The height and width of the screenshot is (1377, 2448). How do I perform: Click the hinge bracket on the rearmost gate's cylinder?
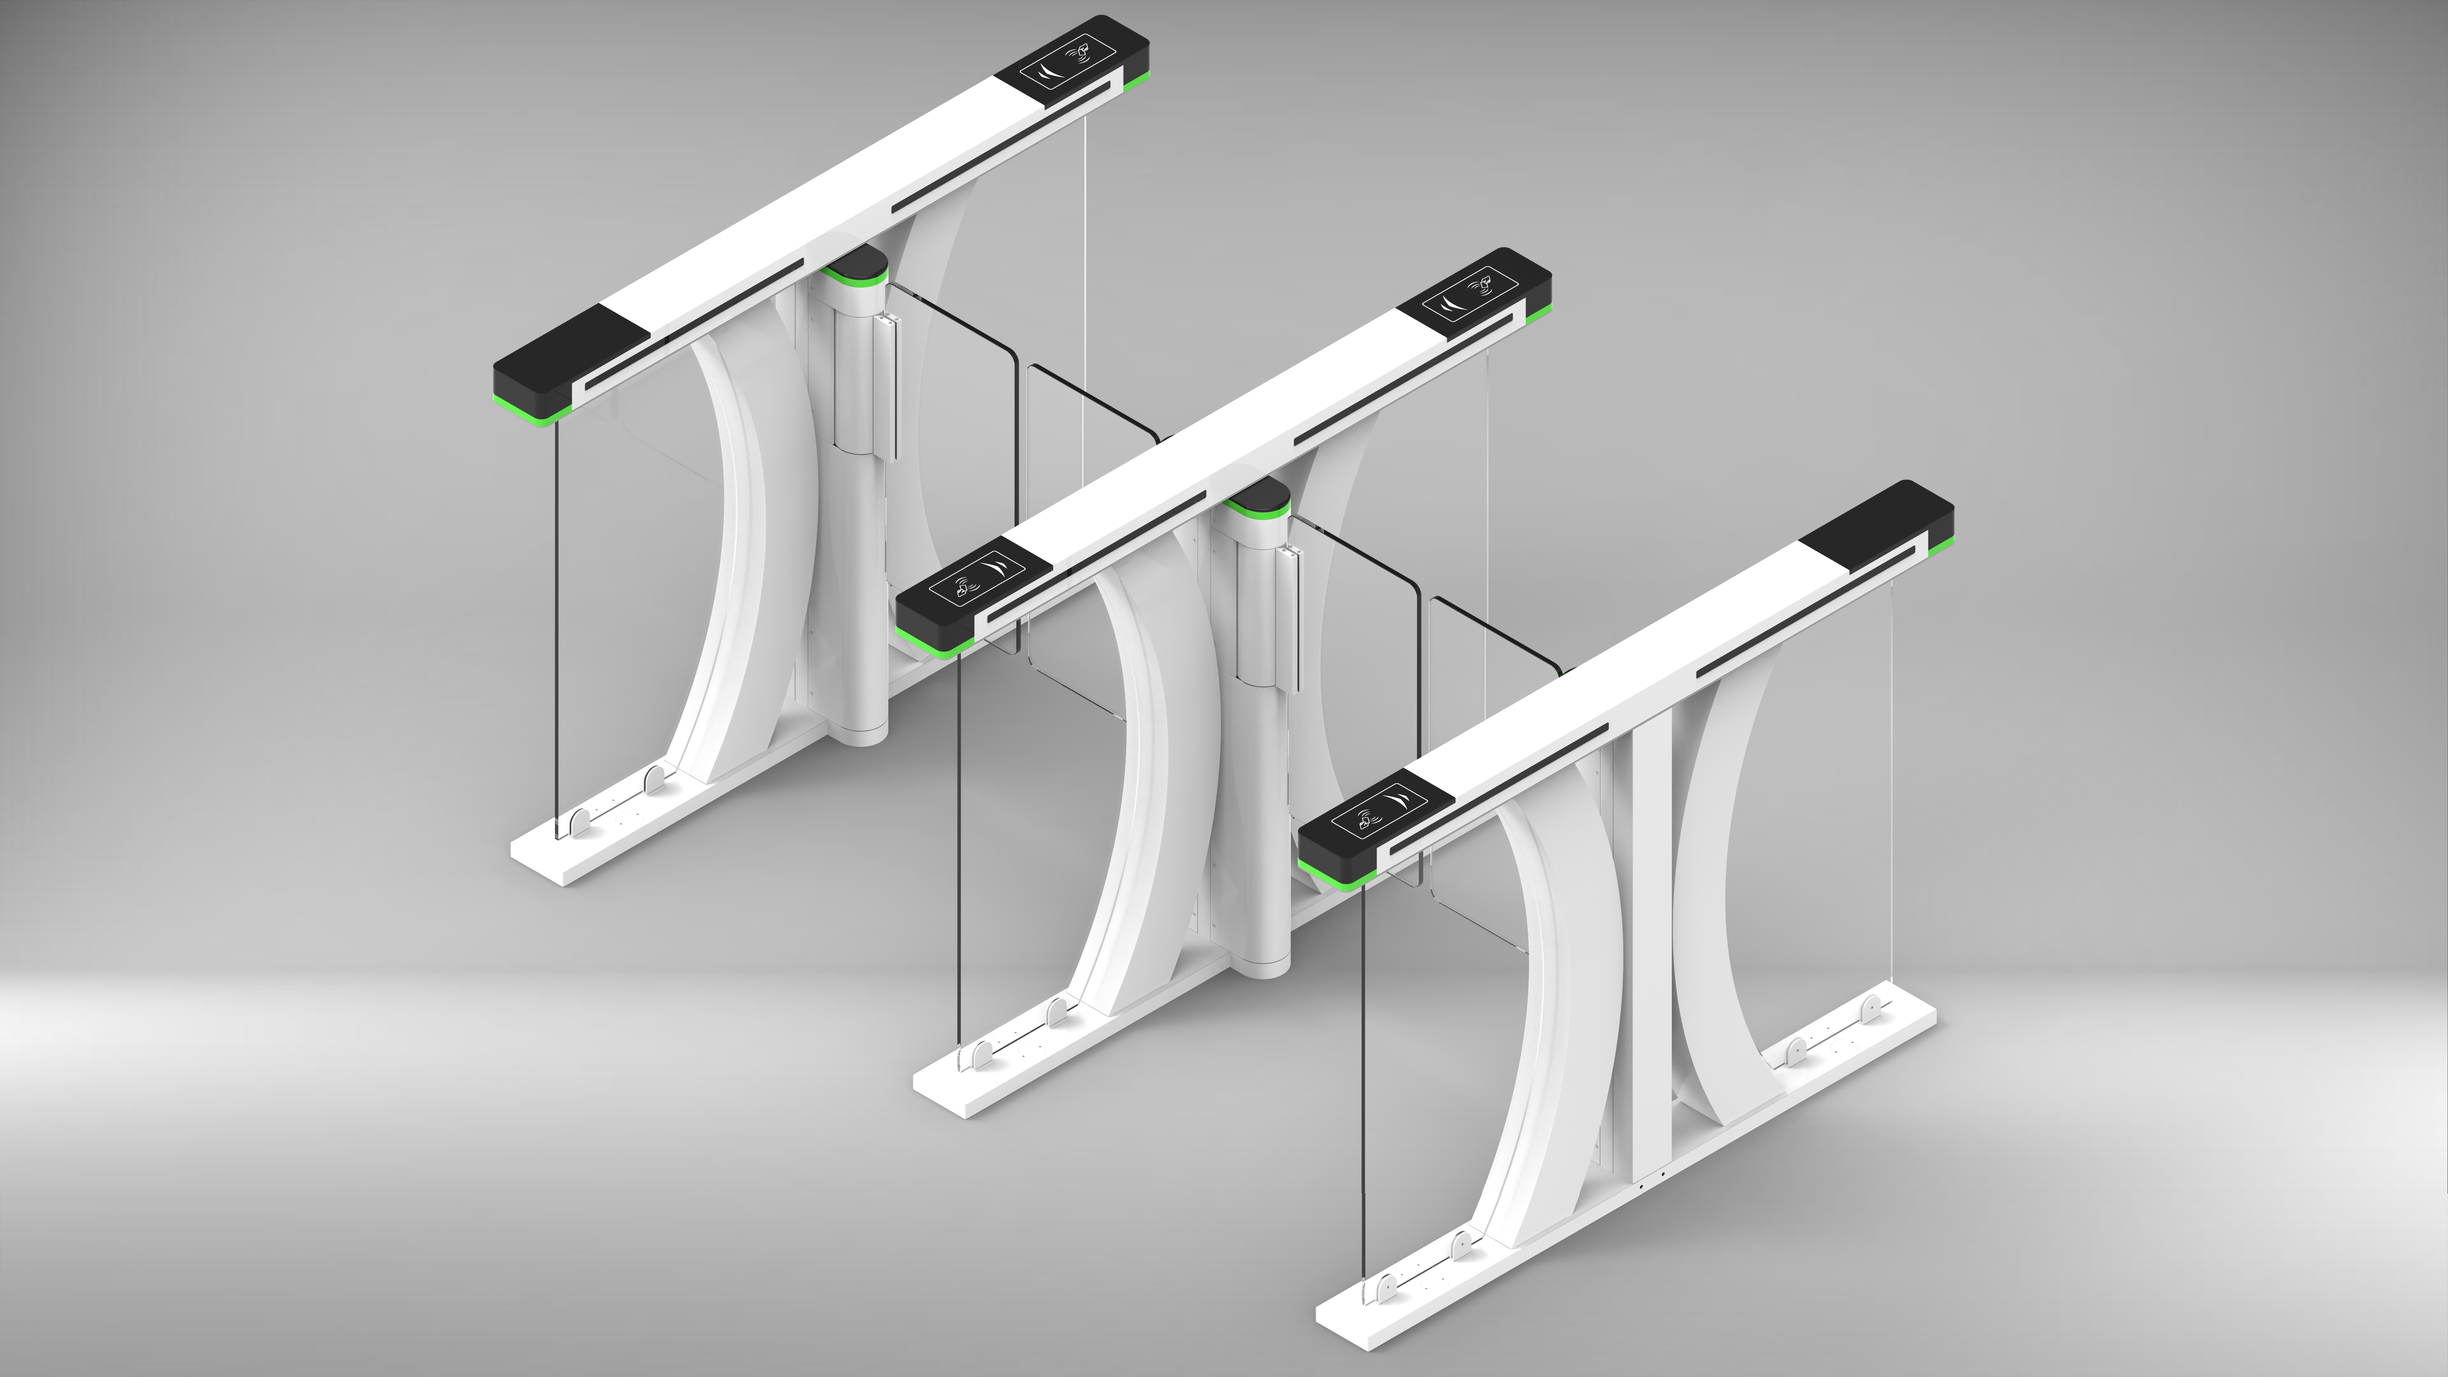coord(889,385)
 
